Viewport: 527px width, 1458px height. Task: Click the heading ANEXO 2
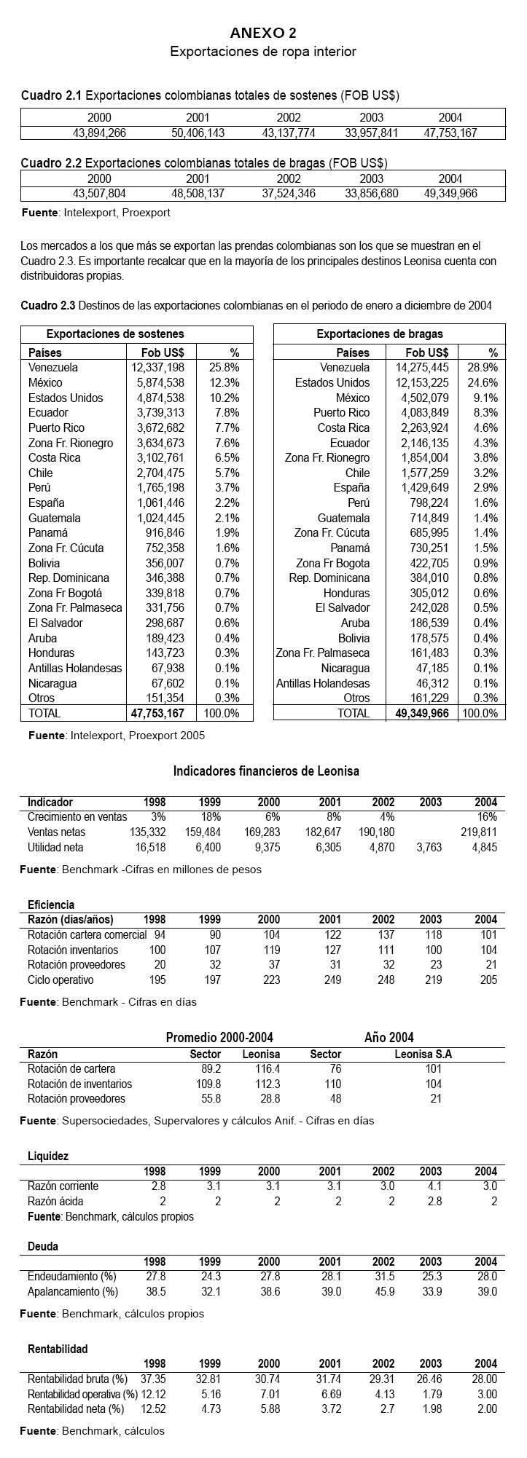point(263,33)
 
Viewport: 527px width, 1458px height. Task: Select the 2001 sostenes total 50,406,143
point(198,133)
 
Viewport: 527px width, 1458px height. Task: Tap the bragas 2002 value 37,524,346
point(289,194)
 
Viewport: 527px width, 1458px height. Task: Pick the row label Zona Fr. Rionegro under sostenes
point(71,443)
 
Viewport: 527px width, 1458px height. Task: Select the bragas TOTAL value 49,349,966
point(422,714)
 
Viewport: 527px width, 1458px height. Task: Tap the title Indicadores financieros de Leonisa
point(266,771)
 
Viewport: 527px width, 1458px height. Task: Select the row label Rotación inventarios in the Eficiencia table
point(73,950)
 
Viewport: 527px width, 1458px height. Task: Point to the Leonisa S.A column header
point(423,1054)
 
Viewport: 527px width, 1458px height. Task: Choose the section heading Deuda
point(43,1246)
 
